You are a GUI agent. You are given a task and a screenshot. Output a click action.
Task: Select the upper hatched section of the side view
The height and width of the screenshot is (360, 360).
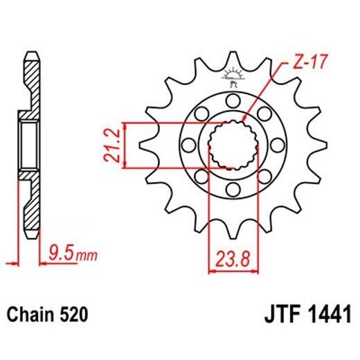coord(30,80)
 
